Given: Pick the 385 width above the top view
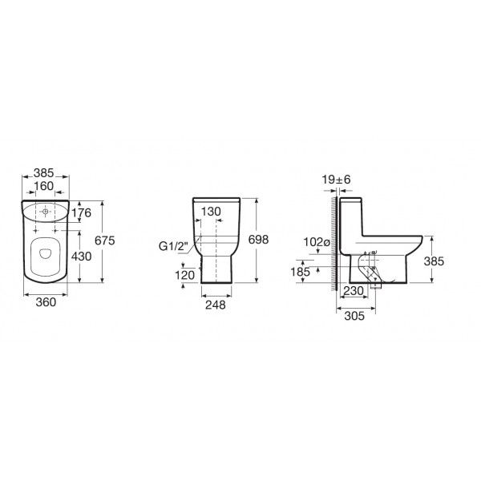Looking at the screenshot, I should click(44, 172).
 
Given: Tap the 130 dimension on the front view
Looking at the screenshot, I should click(211, 212).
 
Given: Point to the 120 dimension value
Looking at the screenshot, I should click(185, 273).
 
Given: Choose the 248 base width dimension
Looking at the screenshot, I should click(216, 305).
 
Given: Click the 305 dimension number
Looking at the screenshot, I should click(354, 316).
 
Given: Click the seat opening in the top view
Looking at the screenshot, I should click(45, 255).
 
